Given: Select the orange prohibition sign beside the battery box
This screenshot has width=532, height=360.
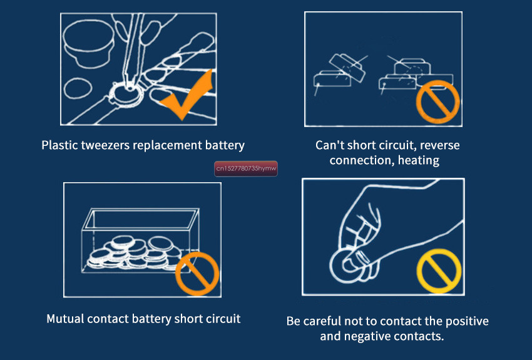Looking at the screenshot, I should pyautogui.click(x=197, y=274).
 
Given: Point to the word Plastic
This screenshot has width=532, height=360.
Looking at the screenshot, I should pyautogui.click(x=59, y=145).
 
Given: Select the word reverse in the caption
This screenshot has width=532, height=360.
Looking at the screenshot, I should pyautogui.click(x=440, y=145).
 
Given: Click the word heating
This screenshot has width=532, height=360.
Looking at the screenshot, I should pyautogui.click(x=419, y=160).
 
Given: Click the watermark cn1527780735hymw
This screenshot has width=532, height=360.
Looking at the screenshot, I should pyautogui.click(x=246, y=168).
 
